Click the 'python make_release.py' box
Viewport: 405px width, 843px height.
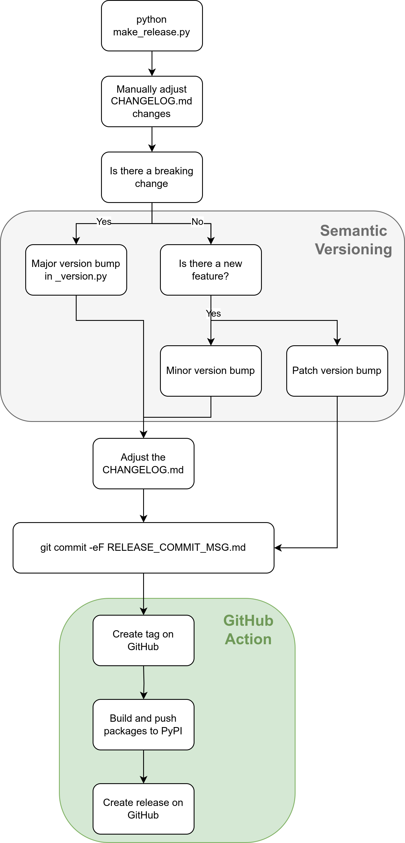[152, 26]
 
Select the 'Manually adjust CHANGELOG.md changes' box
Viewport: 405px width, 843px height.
[152, 101]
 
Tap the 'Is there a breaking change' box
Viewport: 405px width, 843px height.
[152, 177]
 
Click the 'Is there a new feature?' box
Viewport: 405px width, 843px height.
[211, 270]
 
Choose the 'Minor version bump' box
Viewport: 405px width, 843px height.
[211, 371]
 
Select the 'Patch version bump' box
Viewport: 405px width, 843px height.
[337, 371]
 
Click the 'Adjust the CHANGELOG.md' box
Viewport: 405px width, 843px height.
[144, 464]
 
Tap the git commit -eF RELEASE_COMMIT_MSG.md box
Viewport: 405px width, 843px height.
[144, 548]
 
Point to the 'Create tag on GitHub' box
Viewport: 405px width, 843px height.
[144, 640]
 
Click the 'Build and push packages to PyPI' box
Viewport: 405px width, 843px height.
[144, 725]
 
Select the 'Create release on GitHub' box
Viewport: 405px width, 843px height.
[144, 809]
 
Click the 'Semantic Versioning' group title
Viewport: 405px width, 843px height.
[354, 240]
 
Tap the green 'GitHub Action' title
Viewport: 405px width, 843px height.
[248, 630]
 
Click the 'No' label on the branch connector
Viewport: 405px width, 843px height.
[197, 221]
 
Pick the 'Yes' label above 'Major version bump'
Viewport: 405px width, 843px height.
[104, 221]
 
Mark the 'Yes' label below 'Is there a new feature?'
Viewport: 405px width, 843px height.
[213, 314]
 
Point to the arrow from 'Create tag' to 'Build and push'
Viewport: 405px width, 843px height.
[144, 683]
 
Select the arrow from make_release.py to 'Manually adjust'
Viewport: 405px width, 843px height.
[152, 63]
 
